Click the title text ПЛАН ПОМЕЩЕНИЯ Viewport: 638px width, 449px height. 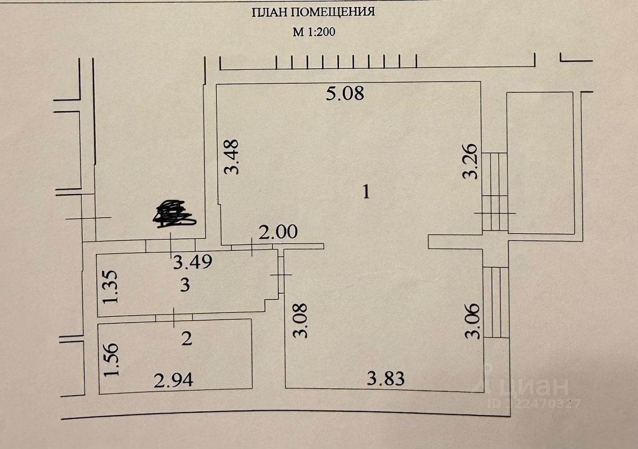(x=314, y=12)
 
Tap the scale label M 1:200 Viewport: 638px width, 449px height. (x=315, y=32)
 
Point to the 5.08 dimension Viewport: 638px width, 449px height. (x=345, y=93)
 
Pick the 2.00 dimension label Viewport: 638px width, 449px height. (x=278, y=231)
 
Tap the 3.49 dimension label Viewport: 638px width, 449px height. (x=193, y=262)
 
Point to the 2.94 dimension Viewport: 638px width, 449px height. (x=173, y=381)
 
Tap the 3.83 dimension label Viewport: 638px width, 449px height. (x=386, y=379)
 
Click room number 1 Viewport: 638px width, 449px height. (x=366, y=192)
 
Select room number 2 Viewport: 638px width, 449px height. (x=186, y=339)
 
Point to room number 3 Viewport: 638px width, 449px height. (x=185, y=285)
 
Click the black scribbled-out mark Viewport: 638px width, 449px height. (x=174, y=215)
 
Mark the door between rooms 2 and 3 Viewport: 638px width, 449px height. (x=174, y=317)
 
